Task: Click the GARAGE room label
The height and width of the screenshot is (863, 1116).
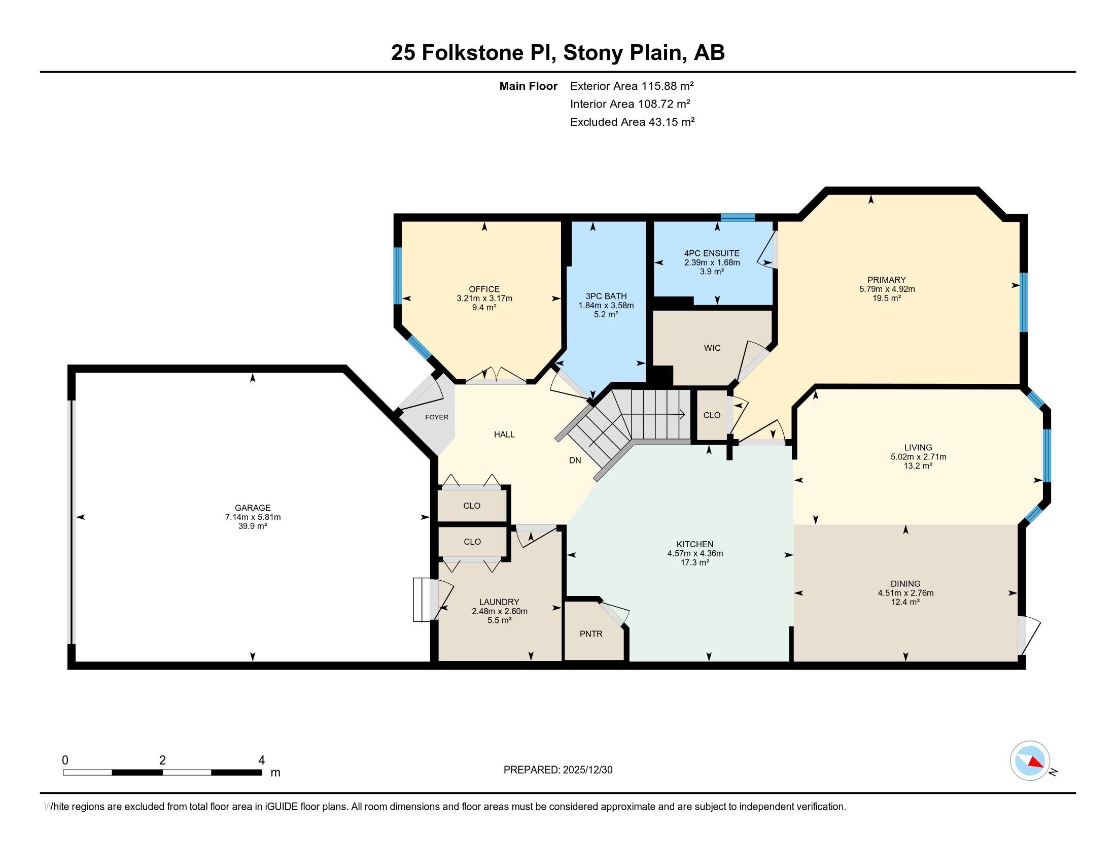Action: [253, 508]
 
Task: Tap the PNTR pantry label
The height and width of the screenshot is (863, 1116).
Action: [591, 634]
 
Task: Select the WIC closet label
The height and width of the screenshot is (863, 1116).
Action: [712, 348]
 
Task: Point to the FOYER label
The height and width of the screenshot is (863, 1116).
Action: [437, 417]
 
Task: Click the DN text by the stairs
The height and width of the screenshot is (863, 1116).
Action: [575, 460]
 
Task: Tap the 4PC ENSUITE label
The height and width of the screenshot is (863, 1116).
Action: [712, 253]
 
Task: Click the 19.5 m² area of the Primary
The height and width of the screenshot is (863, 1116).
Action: [887, 298]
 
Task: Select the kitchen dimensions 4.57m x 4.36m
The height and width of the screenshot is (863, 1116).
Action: [695, 553]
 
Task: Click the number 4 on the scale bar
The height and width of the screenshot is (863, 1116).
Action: [262, 760]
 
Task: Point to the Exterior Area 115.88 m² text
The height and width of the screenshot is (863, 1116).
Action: [632, 86]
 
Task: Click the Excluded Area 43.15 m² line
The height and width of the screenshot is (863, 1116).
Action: [632, 122]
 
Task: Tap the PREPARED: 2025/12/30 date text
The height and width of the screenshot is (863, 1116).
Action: [558, 770]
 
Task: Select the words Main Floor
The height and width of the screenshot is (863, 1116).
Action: [529, 86]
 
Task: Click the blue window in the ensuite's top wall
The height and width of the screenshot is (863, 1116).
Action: [738, 217]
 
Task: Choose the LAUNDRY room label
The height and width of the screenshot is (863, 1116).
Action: [499, 602]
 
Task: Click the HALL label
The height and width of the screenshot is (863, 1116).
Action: [504, 435]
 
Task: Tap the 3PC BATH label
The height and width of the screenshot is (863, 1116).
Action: [606, 296]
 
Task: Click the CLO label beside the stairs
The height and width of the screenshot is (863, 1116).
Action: [712, 415]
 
